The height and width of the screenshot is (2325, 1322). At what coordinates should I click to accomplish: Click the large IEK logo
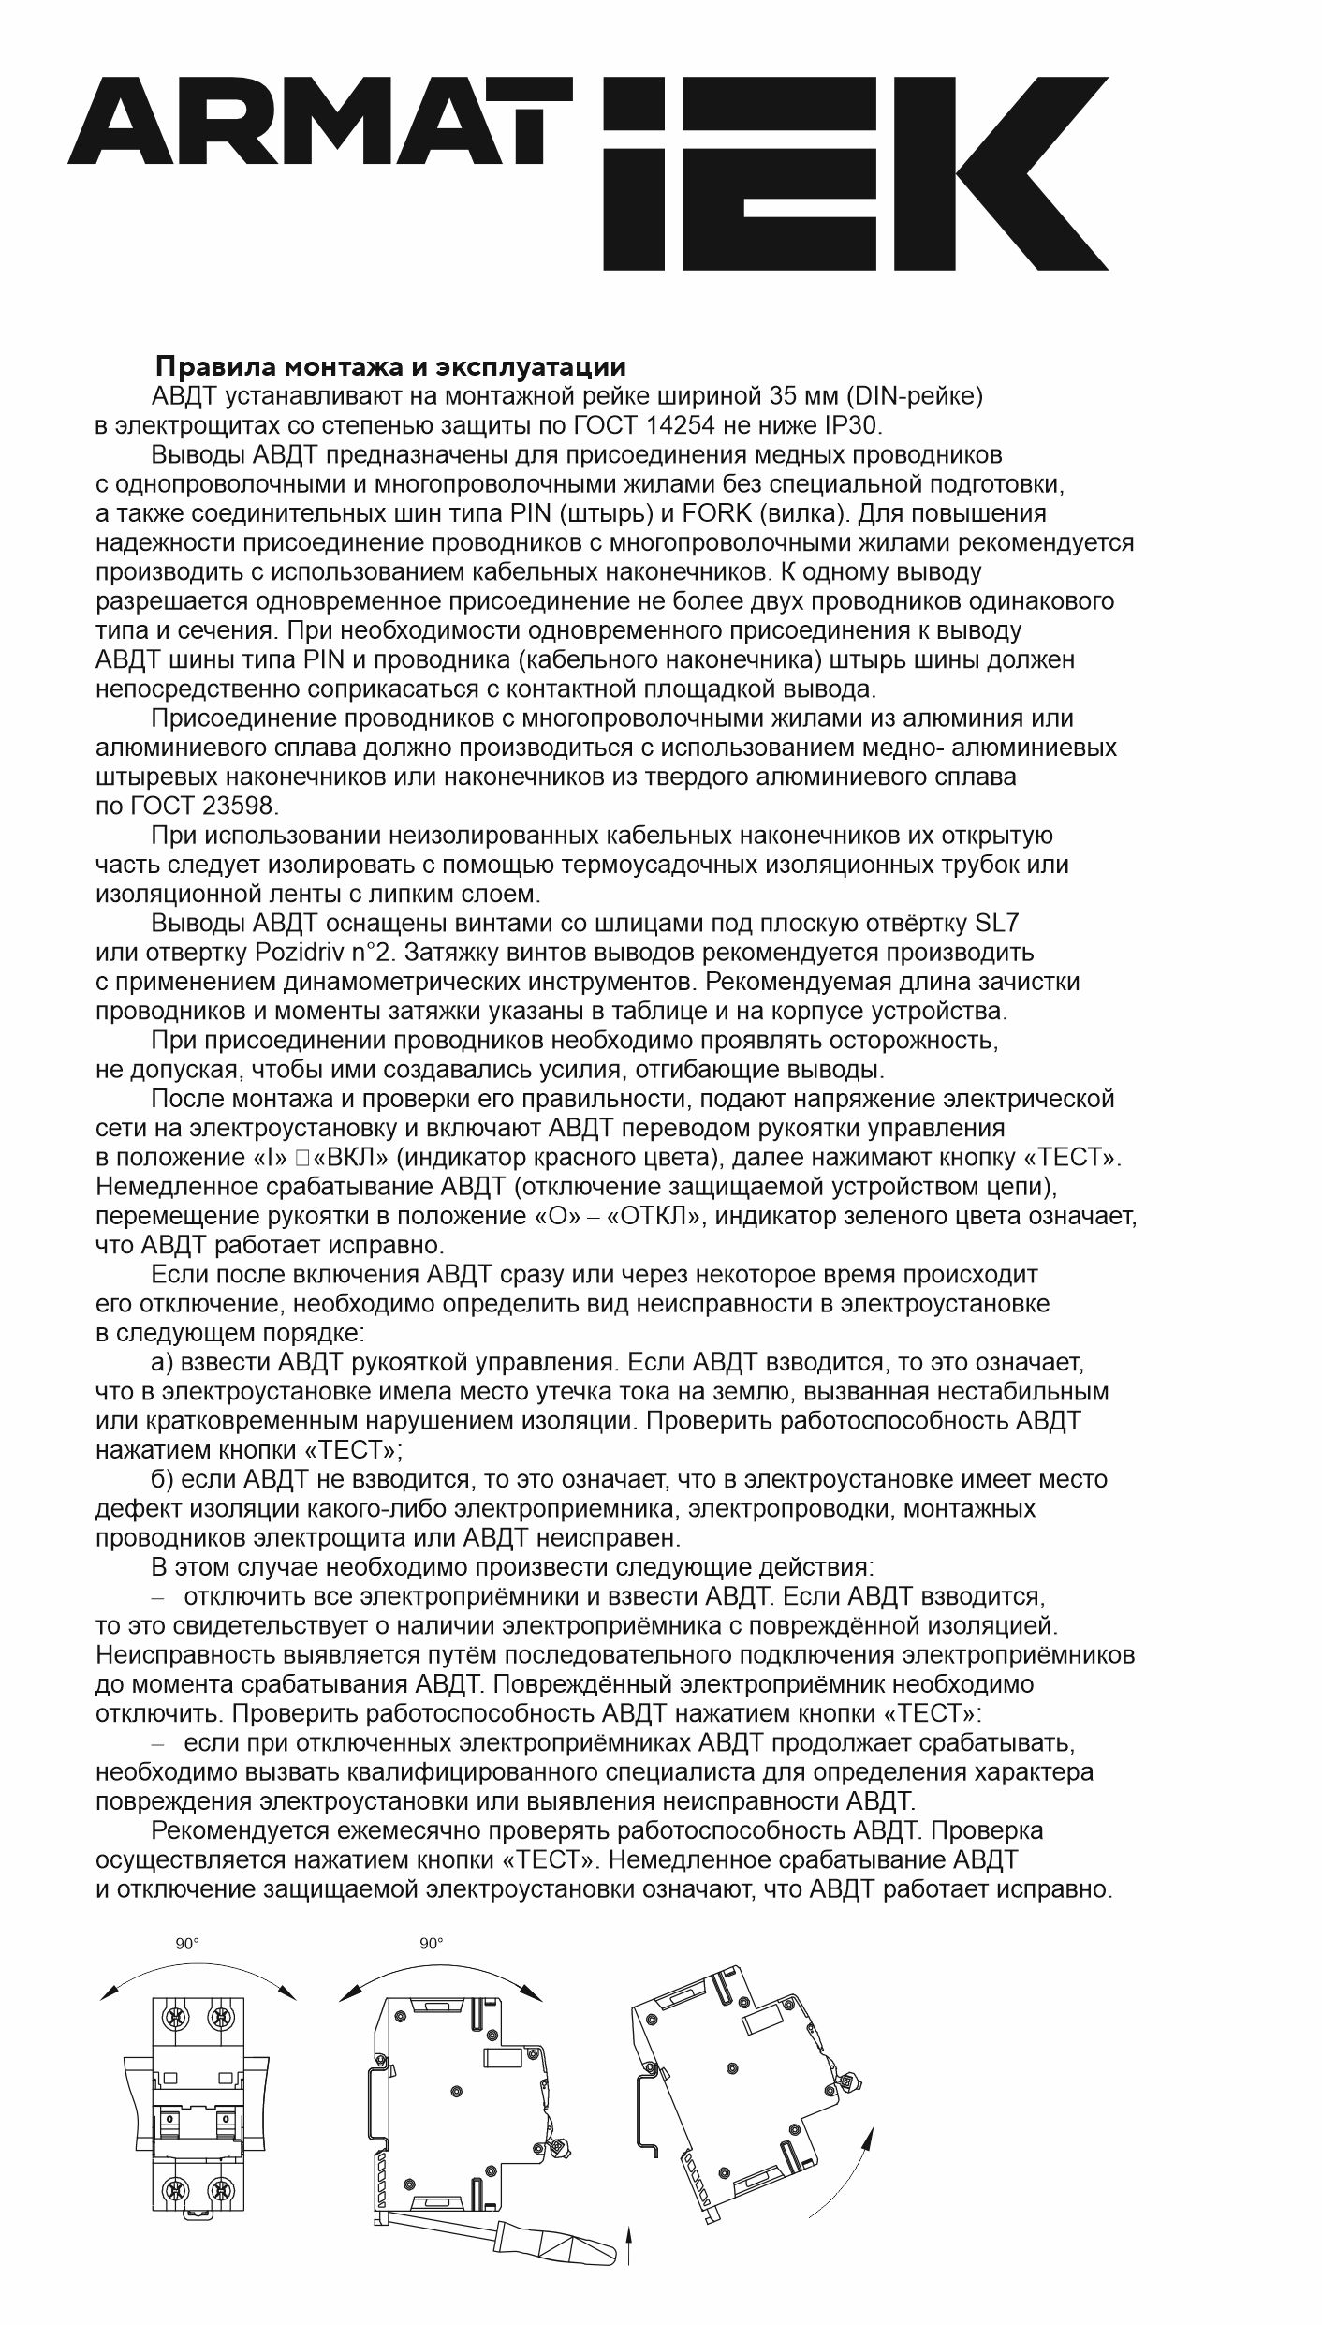854,174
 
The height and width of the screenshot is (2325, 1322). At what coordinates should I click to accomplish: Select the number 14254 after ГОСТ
681,425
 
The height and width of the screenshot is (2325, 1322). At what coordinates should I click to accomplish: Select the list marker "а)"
163,1362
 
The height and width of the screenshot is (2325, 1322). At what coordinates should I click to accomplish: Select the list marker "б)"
163,1479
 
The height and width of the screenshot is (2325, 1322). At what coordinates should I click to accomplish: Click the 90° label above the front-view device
187,1944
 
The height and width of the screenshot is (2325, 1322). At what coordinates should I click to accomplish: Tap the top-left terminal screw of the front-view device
174,2014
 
